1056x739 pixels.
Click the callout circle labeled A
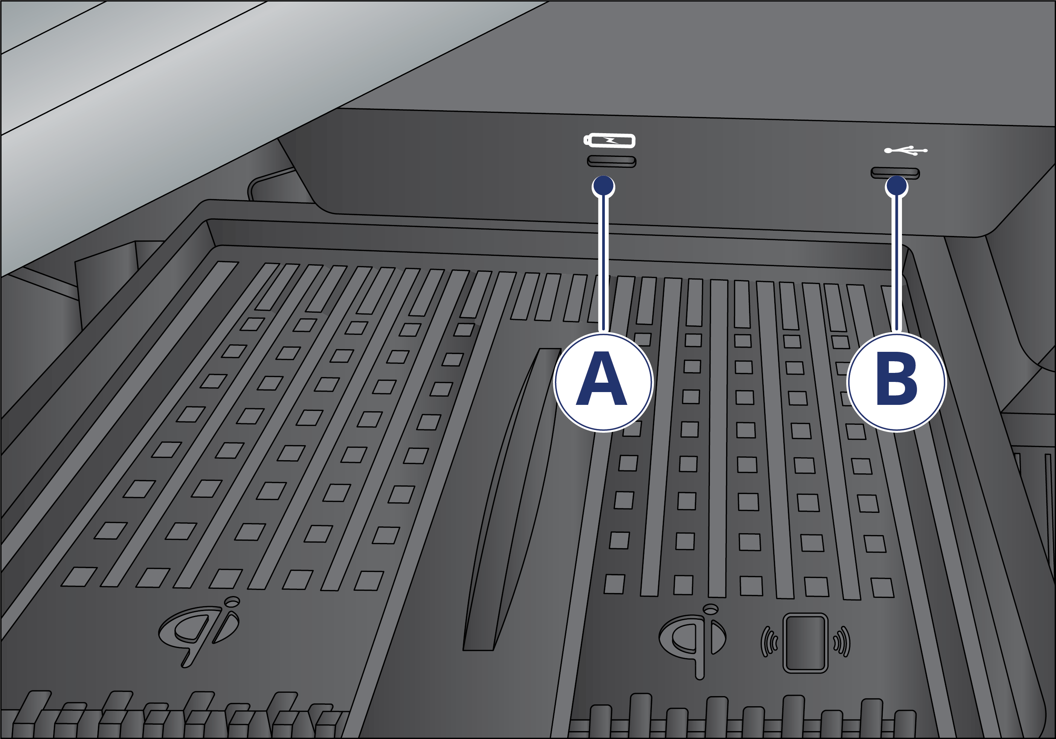[x=603, y=382]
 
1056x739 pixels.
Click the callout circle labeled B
[x=896, y=382]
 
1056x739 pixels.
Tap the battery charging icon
[x=609, y=141]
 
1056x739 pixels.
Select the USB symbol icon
[x=906, y=150]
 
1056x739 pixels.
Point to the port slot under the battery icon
[x=612, y=161]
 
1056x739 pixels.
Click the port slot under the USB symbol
[x=895, y=173]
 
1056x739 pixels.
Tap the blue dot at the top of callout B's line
[x=896, y=186]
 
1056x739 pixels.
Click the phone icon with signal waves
[x=805, y=643]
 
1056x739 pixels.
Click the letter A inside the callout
[x=601, y=379]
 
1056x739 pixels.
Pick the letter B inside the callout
[x=897, y=379]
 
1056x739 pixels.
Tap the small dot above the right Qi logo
[x=711, y=609]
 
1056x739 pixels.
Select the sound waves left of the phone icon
[x=769, y=642]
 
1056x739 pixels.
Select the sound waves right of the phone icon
[x=842, y=642]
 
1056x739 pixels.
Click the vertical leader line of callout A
[x=604, y=264]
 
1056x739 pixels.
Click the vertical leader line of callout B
[x=897, y=264]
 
